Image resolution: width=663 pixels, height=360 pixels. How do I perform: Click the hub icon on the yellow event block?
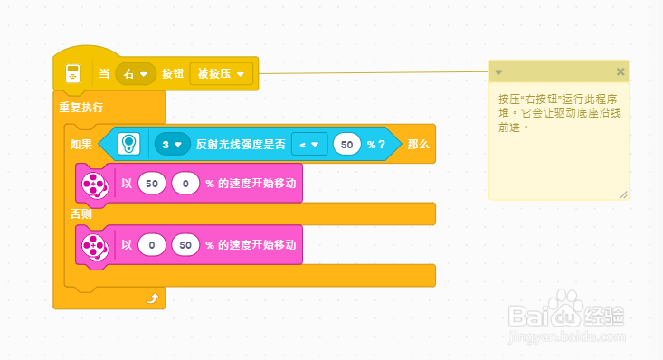coord(72,73)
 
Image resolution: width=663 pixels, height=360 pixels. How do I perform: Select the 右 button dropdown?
coord(136,73)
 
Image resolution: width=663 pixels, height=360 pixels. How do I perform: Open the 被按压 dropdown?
coord(221,73)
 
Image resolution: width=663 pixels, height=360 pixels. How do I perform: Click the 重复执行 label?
coord(81,107)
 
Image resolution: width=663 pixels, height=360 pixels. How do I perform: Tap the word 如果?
coord(81,144)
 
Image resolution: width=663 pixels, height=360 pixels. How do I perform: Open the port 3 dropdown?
coord(171,144)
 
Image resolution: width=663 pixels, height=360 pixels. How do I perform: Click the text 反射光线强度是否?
coord(241,144)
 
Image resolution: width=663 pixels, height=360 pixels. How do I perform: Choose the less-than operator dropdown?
coord(308,144)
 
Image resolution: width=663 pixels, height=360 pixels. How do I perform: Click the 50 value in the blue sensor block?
coord(347,144)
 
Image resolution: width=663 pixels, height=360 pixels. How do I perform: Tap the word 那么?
coord(418,144)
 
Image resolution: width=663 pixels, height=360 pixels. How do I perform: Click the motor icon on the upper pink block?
coord(94,185)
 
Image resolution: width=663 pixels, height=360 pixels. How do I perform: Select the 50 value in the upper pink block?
coord(152,185)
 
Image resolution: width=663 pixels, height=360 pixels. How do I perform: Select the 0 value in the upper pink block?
coord(185,185)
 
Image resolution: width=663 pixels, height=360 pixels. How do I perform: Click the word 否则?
coord(81,214)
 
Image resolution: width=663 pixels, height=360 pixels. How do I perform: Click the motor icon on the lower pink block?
coord(94,245)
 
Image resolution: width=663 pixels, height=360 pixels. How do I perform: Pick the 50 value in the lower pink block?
coord(185,245)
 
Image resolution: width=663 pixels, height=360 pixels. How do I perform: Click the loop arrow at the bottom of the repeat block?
coord(152,297)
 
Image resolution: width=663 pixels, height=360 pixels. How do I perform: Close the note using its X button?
coord(620,71)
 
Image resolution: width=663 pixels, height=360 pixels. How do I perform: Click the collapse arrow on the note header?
coord(498,71)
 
